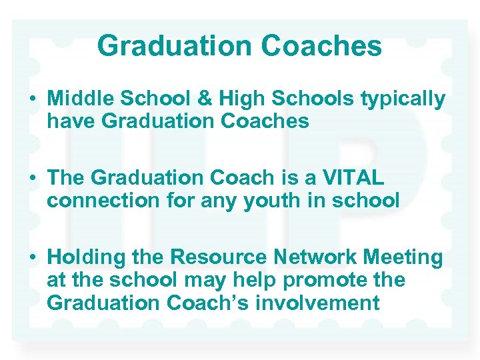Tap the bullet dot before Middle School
32,99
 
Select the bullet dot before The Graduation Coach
32,178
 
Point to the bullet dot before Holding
32,257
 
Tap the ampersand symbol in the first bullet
185,99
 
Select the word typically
403,99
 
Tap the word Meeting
407,257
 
